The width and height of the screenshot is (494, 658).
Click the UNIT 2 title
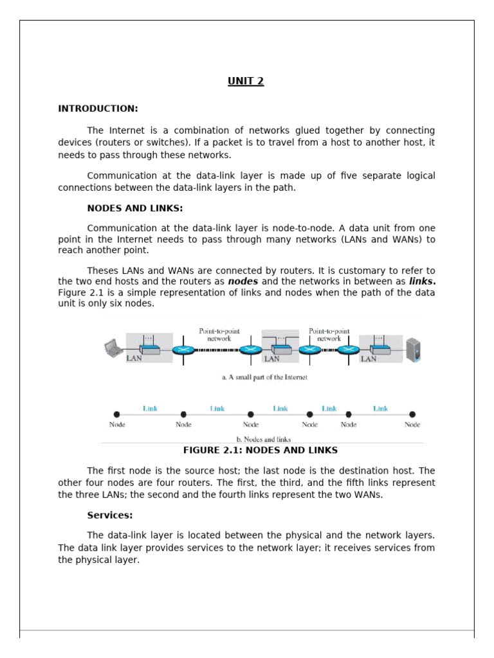[x=246, y=81]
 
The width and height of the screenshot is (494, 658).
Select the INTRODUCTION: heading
[x=98, y=109]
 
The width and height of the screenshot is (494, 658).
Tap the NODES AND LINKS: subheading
[x=135, y=208]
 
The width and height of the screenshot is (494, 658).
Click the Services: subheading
[x=110, y=515]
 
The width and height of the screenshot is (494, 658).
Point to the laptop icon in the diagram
[x=114, y=348]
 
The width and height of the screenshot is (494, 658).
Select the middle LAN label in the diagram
[x=272, y=359]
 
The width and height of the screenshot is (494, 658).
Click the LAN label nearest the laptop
[x=134, y=359]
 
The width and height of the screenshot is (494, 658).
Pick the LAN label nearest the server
[x=369, y=359]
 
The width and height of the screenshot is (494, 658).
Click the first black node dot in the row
[x=116, y=414]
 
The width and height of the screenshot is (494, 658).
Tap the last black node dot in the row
[x=412, y=414]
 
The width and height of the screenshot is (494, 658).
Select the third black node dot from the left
[x=251, y=414]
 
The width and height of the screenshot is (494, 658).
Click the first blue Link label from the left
[x=150, y=408]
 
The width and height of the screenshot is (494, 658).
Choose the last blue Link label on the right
[x=381, y=408]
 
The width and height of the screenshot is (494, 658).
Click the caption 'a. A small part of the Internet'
[x=264, y=378]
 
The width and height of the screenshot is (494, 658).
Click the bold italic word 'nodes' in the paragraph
[x=243, y=281]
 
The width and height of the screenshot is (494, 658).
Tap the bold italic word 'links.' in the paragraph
[x=422, y=281]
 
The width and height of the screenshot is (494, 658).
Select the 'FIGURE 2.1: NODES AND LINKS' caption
[x=261, y=450]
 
